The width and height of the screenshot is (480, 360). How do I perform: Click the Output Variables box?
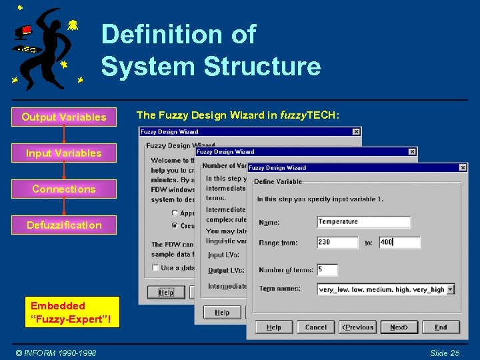tap(64, 117)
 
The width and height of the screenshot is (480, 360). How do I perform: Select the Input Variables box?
tap(64, 153)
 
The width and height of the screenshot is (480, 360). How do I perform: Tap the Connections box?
tap(64, 189)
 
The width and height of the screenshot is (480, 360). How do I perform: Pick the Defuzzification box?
tap(64, 225)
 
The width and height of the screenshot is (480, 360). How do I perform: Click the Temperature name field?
tap(363, 222)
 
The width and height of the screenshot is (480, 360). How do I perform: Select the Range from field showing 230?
tap(337, 243)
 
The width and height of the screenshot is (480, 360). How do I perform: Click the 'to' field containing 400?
tap(399, 243)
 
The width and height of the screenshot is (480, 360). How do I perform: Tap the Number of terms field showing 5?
tap(327, 270)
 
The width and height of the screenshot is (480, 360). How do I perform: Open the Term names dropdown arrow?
tap(451, 289)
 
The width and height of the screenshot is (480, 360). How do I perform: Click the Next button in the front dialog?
tap(399, 327)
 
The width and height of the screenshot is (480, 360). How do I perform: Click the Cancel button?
tap(315, 327)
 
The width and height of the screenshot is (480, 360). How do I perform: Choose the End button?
tap(441, 327)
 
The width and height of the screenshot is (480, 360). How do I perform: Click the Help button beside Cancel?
tap(273, 327)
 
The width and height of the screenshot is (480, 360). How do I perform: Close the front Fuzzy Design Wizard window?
tap(462, 168)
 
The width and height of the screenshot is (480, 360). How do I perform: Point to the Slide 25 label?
tap(445, 353)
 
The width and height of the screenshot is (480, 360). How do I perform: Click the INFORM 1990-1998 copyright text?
tap(56, 353)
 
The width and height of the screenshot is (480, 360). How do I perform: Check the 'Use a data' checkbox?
tap(155, 268)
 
